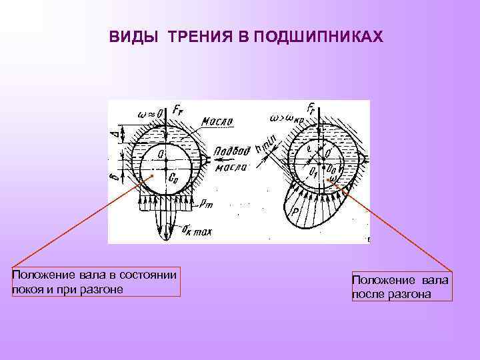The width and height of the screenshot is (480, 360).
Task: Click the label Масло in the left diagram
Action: [x=217, y=121]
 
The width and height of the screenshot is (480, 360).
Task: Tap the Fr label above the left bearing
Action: [x=178, y=108]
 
